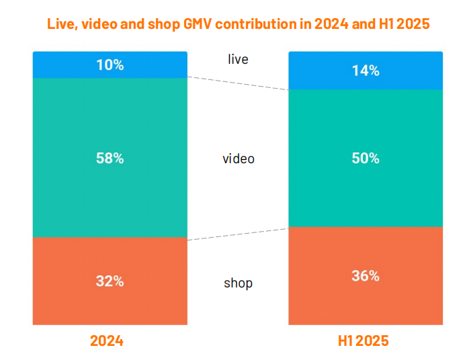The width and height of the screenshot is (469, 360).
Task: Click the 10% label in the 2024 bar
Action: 110,65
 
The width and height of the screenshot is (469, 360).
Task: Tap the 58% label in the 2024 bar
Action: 110,159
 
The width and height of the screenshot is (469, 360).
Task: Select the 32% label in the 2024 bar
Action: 110,281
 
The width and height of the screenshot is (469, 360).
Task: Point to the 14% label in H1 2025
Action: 366,71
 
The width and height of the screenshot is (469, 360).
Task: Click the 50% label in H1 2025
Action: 366,159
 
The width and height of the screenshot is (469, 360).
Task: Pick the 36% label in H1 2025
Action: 366,276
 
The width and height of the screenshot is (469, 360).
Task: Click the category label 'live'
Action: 238,59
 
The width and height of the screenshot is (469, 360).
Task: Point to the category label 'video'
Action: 239,159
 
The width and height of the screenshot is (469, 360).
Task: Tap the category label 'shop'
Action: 238,283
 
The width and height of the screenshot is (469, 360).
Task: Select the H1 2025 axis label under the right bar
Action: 363,341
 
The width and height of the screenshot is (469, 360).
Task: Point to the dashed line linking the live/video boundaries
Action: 237,83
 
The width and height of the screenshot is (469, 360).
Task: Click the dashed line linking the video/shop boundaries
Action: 237,233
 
